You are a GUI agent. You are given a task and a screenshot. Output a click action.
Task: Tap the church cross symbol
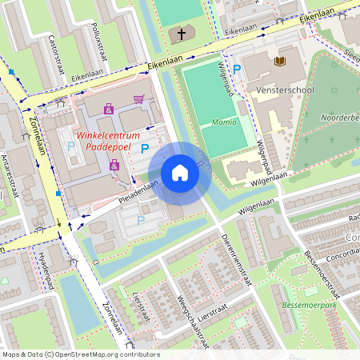182,34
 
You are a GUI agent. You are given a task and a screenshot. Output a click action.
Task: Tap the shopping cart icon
139,100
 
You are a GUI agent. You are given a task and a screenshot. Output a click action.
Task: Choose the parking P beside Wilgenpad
237,71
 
